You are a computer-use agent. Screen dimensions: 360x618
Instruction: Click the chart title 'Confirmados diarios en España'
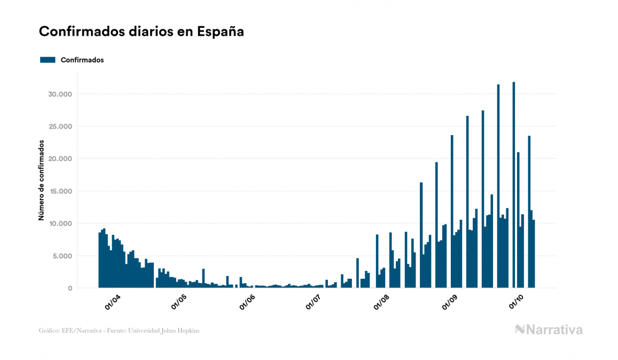[142, 32]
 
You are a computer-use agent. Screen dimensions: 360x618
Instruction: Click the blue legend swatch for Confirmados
[48, 60]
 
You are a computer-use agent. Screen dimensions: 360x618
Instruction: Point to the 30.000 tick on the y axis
[59, 94]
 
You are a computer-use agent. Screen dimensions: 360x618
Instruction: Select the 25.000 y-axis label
[59, 127]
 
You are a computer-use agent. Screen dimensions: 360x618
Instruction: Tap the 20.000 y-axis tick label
[59, 159]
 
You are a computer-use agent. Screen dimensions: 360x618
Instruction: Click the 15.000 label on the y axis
[59, 191]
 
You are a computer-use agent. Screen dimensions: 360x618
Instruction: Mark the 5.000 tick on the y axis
[61, 256]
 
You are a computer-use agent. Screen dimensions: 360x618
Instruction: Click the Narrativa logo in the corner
[549, 330]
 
